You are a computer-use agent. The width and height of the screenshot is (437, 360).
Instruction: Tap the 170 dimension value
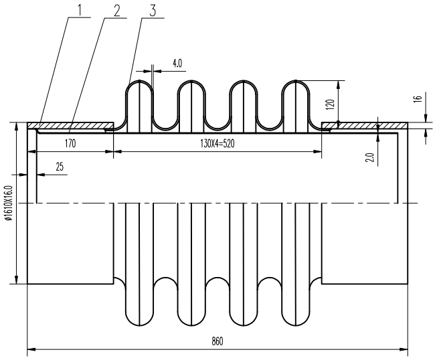70,143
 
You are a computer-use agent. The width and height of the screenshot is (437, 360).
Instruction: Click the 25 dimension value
60,167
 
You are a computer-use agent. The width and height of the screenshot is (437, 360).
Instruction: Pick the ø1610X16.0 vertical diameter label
7,199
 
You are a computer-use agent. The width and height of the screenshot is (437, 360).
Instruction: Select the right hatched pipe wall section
365,125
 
